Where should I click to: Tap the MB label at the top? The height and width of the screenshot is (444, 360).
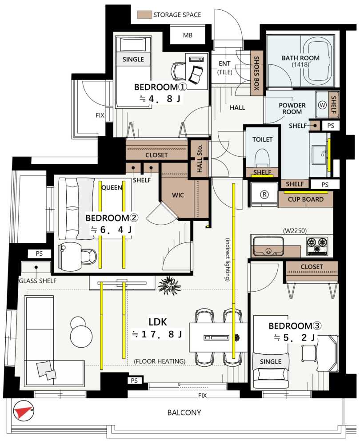188,35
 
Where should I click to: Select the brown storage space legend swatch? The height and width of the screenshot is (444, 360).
144,15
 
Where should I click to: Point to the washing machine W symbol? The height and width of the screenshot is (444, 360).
322,105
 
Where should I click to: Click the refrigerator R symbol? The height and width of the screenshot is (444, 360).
264,194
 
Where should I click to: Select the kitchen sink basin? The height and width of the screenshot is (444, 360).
268,246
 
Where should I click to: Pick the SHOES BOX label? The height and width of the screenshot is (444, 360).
256,73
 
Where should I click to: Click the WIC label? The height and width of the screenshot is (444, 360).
178,195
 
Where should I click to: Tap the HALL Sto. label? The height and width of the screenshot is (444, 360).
200,159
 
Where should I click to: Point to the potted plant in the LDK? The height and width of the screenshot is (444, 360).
169,285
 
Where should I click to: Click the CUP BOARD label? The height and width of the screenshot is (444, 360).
306,199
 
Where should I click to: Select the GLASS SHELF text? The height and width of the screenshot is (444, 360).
37,281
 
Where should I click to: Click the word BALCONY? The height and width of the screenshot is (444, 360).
184,412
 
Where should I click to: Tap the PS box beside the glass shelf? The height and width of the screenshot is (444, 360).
39,254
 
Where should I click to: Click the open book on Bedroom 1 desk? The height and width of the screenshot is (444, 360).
196,75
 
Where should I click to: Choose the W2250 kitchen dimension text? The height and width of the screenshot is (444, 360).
295,231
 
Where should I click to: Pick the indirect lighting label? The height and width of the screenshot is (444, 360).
228,259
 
